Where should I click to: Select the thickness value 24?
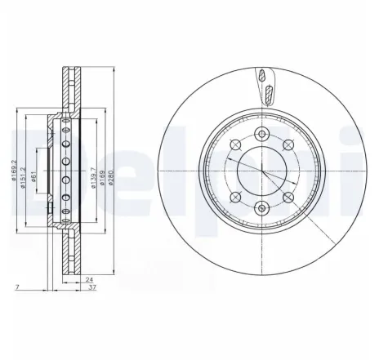[88, 278]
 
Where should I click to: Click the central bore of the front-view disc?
[261, 173]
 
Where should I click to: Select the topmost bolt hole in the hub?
[261, 135]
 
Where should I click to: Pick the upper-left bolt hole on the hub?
[235, 145]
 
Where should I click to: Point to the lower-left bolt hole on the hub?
[235, 197]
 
